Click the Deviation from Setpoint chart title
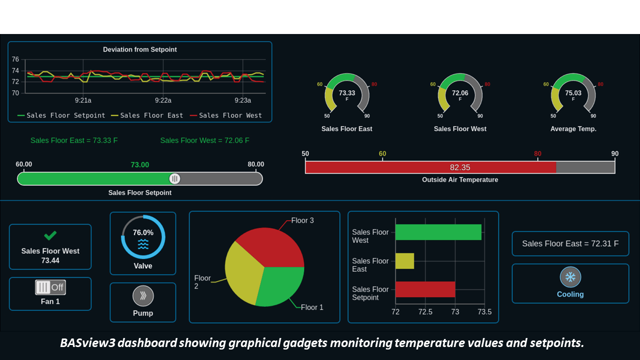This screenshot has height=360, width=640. coord(139,49)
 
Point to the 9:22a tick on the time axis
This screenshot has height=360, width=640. coord(163,100)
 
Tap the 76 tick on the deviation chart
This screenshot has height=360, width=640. coord(15,59)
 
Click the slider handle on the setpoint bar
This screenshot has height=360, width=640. coord(174,178)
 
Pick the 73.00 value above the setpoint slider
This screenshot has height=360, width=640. coord(139,165)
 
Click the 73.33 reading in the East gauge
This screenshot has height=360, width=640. coord(347,93)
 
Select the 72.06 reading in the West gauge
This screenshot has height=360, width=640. coord(460,93)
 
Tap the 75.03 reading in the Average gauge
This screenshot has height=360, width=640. coord(573,93)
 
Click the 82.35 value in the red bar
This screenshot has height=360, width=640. coord(460,167)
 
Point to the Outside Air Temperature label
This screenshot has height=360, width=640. coord(460,180)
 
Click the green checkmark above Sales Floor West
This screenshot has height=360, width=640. coord(50,235)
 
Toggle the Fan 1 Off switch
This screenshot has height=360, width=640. coord(50,287)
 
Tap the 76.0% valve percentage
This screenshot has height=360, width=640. coord(143,232)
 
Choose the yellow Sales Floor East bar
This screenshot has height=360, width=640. coord(404,261)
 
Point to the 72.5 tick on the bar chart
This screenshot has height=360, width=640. coord(425,312)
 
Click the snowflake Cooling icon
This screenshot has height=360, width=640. coord(570,277)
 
